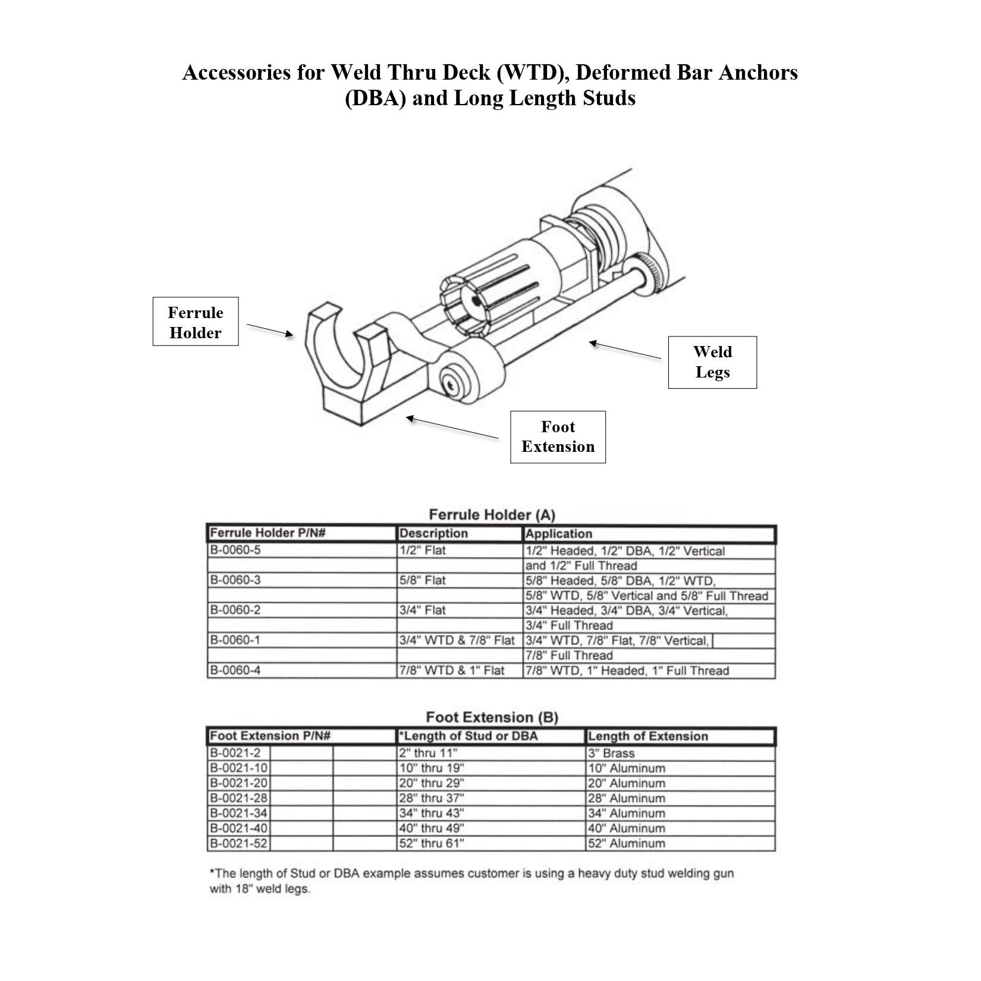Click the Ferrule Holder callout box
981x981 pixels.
coord(195,322)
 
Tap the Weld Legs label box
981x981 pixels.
coord(712,362)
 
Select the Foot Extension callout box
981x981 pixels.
coord(557,437)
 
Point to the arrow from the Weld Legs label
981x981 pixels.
coord(624,350)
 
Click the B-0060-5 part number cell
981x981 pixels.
coord(235,550)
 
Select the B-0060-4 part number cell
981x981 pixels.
coord(235,671)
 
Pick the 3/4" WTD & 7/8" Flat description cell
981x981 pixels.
coord(457,640)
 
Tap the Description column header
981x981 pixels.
coord(433,533)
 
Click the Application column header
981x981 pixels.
coord(558,533)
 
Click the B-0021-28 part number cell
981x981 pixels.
coord(239,798)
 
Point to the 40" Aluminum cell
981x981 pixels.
coord(626,828)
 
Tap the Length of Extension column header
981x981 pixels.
coord(648,736)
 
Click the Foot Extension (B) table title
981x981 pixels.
coord(492,717)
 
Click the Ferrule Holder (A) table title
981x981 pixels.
coord(492,514)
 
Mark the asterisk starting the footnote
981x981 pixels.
coord(212,872)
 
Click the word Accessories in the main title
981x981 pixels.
coord(253,73)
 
